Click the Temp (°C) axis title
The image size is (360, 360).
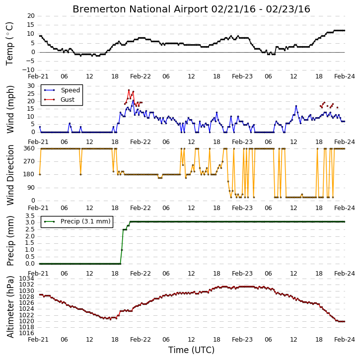pyautogui.click(x=9, y=44)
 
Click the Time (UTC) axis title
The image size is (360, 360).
pyautogui.click(x=191, y=350)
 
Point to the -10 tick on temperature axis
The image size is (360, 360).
pyautogui.click(x=28, y=70)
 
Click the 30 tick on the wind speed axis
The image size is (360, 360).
pyautogui.click(x=31, y=86)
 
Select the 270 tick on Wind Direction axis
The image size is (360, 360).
pyautogui.click(x=29, y=161)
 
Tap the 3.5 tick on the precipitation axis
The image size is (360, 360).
pyautogui.click(x=30, y=216)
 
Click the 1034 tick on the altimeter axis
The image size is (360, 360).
pyautogui.click(x=27, y=279)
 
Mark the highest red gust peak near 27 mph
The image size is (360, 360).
pyautogui.click(x=129, y=90)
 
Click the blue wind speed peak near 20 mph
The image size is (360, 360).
pyautogui.click(x=133, y=101)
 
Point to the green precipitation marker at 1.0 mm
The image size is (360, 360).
pyautogui.click(x=122, y=250)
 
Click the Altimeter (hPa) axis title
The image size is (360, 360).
pyautogui.click(x=10, y=307)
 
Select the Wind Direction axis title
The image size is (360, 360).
pyautogui.click(x=10, y=175)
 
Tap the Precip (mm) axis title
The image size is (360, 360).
pyautogui.click(x=10, y=241)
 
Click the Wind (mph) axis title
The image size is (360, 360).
pyautogui.click(x=10, y=109)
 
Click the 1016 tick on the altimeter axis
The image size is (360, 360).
pyautogui.click(x=27, y=333)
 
